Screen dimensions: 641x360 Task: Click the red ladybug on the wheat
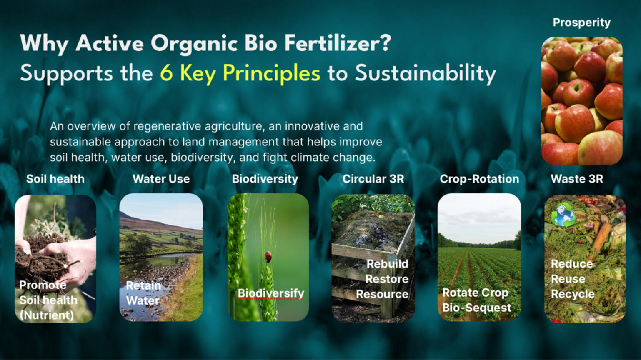[x=268, y=256]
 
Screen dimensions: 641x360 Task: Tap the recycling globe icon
[x=563, y=215]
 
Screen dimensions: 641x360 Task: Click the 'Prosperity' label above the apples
[x=581, y=22]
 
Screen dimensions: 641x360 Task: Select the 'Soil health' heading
[x=55, y=179]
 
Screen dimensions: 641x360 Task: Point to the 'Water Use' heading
[x=161, y=179]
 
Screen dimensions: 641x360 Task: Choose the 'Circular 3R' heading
[x=373, y=179]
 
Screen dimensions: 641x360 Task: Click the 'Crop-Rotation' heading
[x=479, y=179]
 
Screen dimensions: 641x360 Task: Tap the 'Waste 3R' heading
[x=577, y=179]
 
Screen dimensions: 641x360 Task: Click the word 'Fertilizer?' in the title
[x=338, y=43]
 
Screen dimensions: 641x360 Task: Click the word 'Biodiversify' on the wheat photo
[x=271, y=293]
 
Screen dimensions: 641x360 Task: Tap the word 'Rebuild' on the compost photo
[x=388, y=264]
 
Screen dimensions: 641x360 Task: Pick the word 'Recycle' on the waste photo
[x=573, y=294]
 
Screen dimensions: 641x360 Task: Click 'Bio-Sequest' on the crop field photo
[x=477, y=307]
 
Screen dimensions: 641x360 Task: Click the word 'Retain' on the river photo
[x=144, y=285]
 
